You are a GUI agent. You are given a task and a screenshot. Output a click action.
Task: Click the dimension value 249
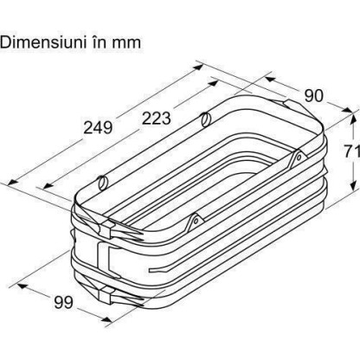pyautogui.click(x=98, y=127)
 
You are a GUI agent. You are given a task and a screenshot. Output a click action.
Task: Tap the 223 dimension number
pyautogui.click(x=157, y=118)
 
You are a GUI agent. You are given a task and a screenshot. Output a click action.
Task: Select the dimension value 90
pyautogui.click(x=314, y=95)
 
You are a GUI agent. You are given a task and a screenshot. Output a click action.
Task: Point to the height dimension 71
pyautogui.click(x=352, y=151)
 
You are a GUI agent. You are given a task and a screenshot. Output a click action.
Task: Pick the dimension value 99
pyautogui.click(x=64, y=302)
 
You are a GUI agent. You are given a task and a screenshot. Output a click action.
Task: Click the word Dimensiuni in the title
pyautogui.click(x=43, y=42)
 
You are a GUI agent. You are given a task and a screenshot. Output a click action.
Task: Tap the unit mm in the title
pyautogui.click(x=126, y=43)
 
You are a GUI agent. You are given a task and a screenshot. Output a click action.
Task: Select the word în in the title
pyautogui.click(x=100, y=42)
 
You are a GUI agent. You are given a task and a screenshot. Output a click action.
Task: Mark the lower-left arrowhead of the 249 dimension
pyautogui.click(x=13, y=182)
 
